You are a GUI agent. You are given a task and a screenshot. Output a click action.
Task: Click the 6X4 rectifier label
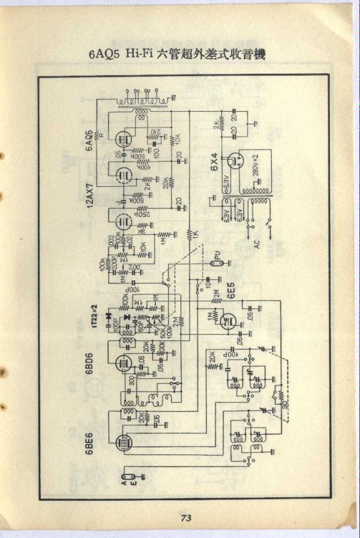[x=214, y=162]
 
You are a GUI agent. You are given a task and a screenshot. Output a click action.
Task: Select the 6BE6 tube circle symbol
[x=124, y=441]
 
